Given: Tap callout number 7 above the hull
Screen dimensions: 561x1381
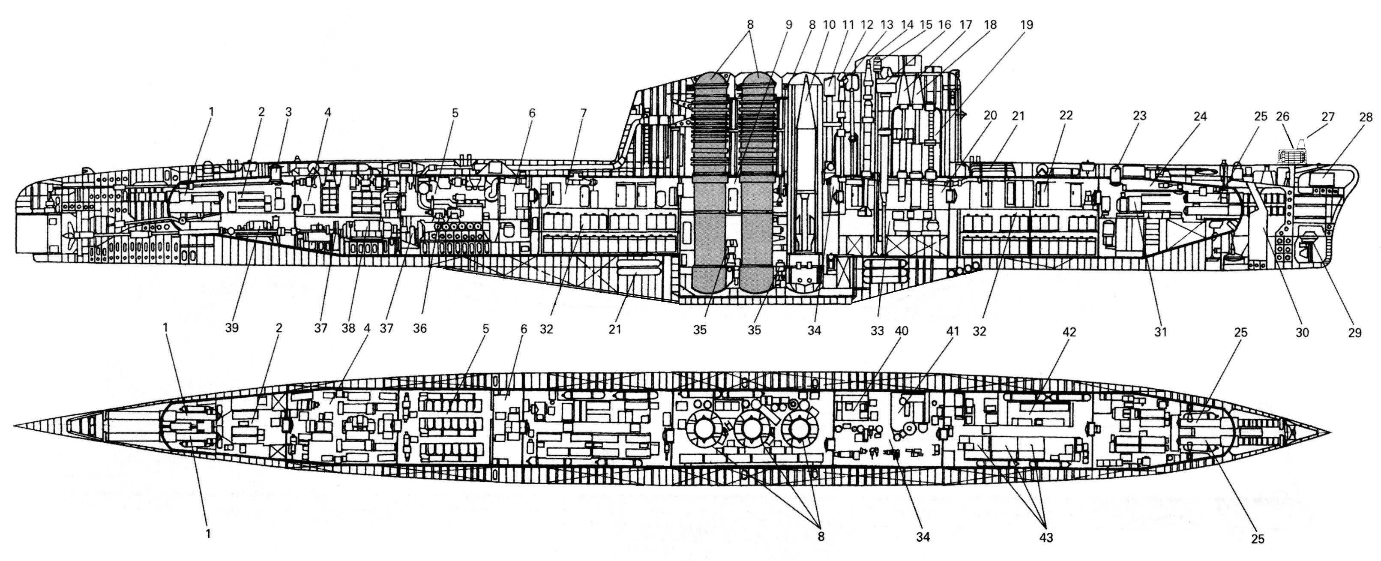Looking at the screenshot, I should (583, 113).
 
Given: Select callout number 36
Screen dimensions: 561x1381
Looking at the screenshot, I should (420, 329).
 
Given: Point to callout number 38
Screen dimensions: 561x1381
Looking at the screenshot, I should (348, 329).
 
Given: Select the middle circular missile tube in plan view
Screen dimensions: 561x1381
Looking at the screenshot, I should (751, 427).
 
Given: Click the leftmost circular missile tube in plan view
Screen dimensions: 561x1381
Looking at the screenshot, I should (702, 427).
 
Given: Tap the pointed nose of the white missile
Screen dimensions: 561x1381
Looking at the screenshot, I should (807, 79).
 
